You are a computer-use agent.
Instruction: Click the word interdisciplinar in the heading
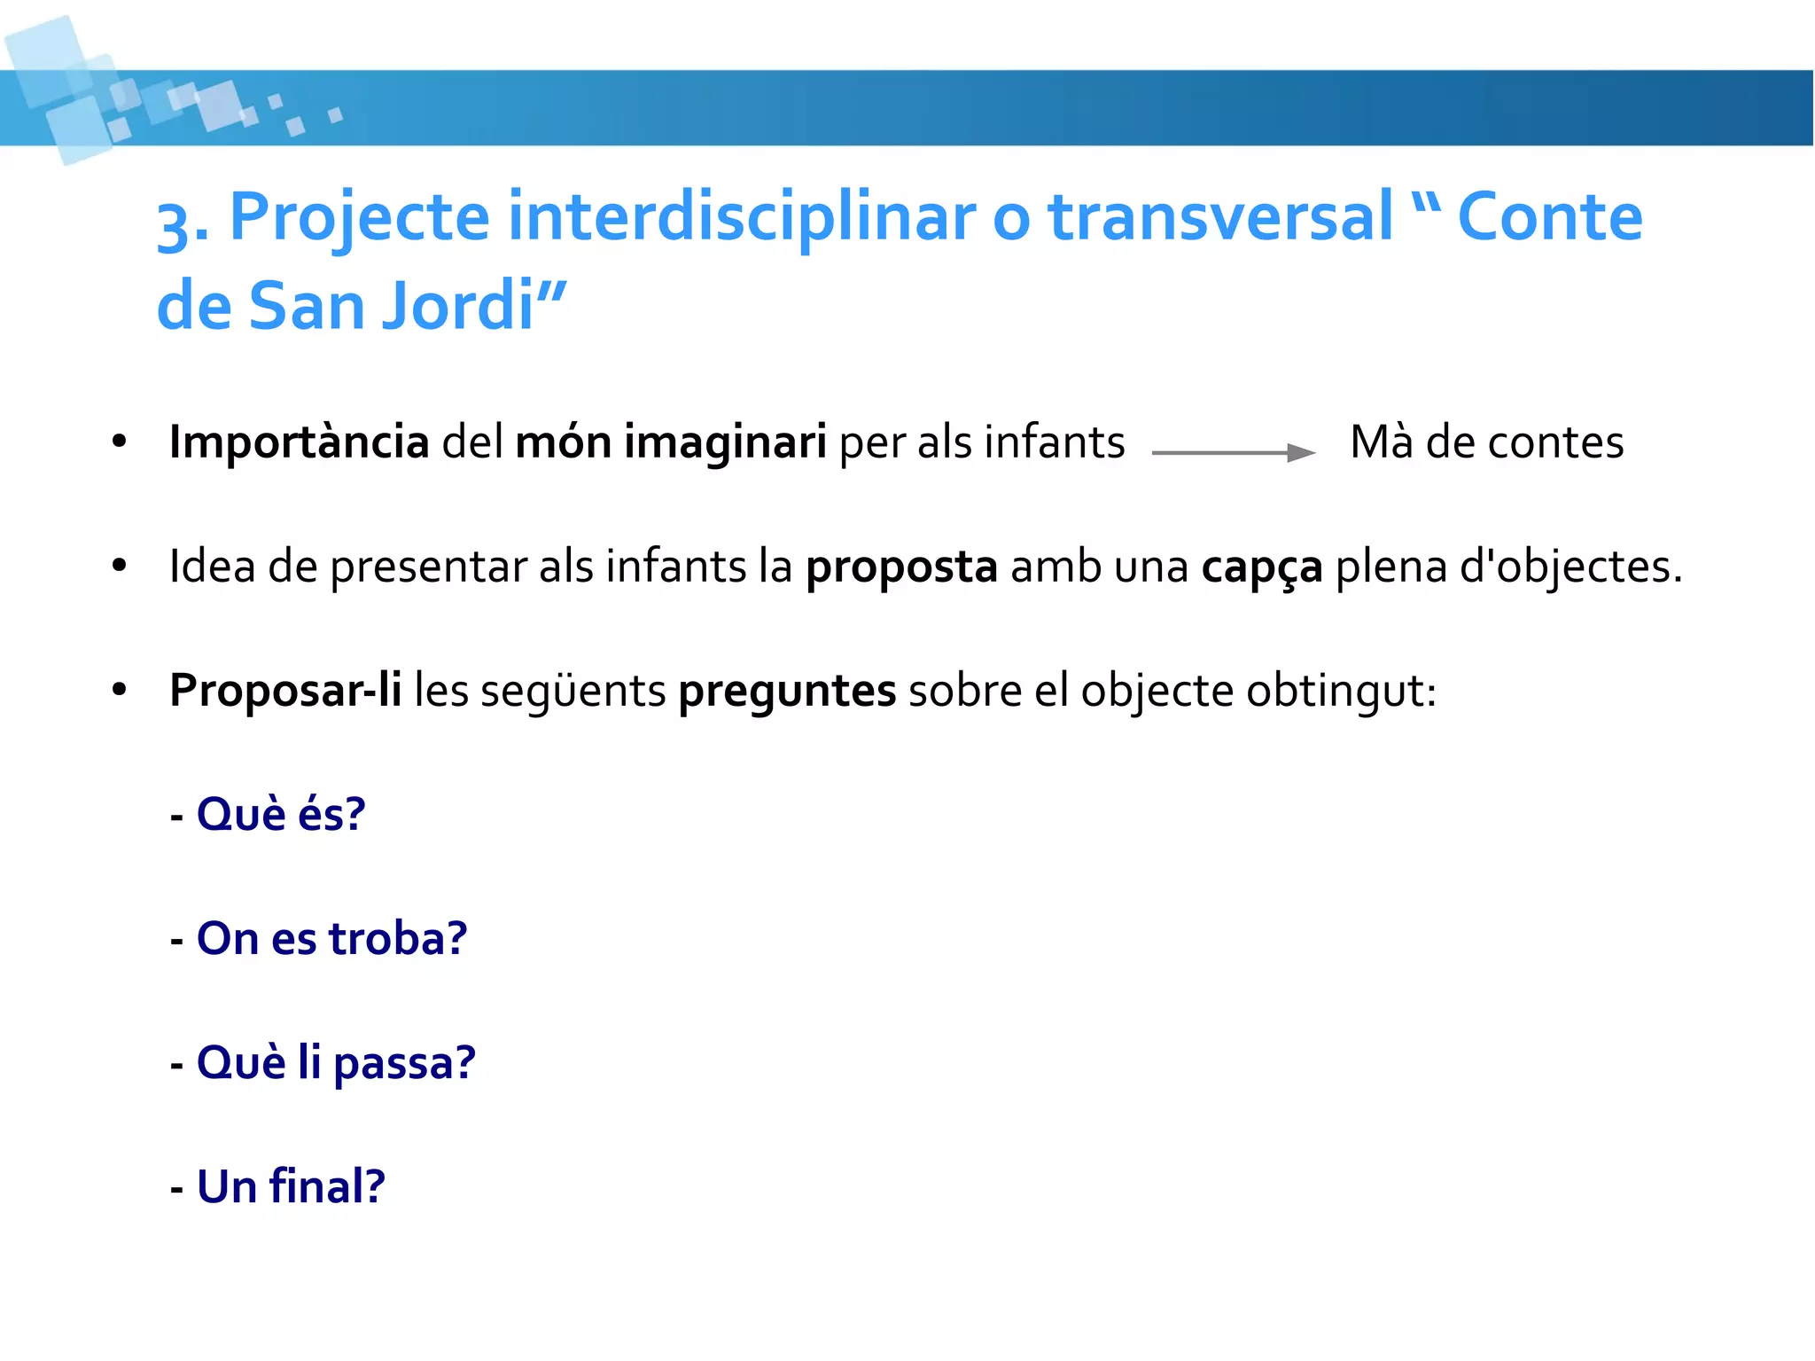tap(740, 217)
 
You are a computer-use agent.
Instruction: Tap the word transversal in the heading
tap(1220, 217)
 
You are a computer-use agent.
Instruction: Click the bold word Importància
tap(299, 442)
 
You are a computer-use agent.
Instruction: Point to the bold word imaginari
tap(725, 442)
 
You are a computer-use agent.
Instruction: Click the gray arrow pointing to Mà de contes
tap(1233, 453)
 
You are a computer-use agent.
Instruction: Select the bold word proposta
tap(901, 567)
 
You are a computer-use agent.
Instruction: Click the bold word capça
tap(1261, 567)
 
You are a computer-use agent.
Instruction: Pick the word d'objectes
tap(1570, 567)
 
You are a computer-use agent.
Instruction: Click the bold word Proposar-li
tap(285, 691)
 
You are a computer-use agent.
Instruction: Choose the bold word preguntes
tap(787, 691)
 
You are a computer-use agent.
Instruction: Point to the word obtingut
tap(1340, 691)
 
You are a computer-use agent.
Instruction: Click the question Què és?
tap(280, 814)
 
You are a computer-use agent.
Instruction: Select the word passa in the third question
tap(404, 1062)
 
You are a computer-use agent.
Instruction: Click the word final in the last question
tap(327, 1186)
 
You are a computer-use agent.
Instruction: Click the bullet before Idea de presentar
tap(120, 566)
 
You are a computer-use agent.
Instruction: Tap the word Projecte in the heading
tap(359, 217)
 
